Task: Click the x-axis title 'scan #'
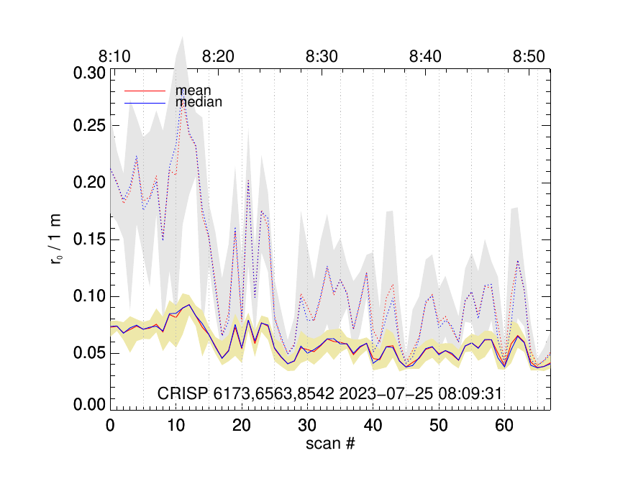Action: tap(330, 444)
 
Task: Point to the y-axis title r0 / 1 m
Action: tap(57, 240)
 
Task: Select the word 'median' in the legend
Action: tap(199, 102)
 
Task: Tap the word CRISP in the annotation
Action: tap(181, 393)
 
